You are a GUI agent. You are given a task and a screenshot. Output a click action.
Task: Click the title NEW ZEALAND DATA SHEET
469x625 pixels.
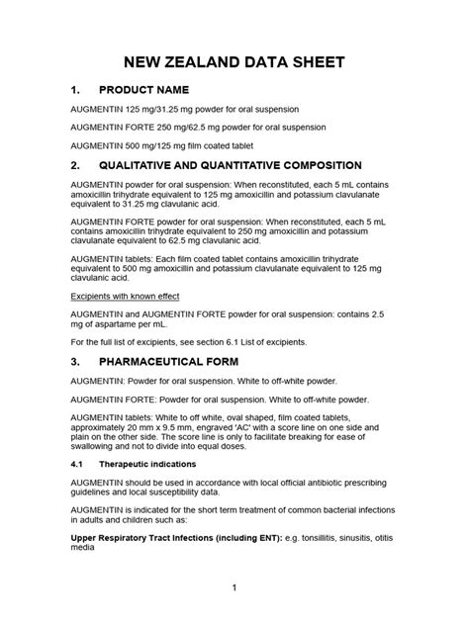pos(234,61)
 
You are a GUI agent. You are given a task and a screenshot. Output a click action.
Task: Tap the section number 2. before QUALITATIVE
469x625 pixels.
pos(75,165)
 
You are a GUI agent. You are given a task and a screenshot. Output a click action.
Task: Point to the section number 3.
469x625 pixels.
pos(75,362)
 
